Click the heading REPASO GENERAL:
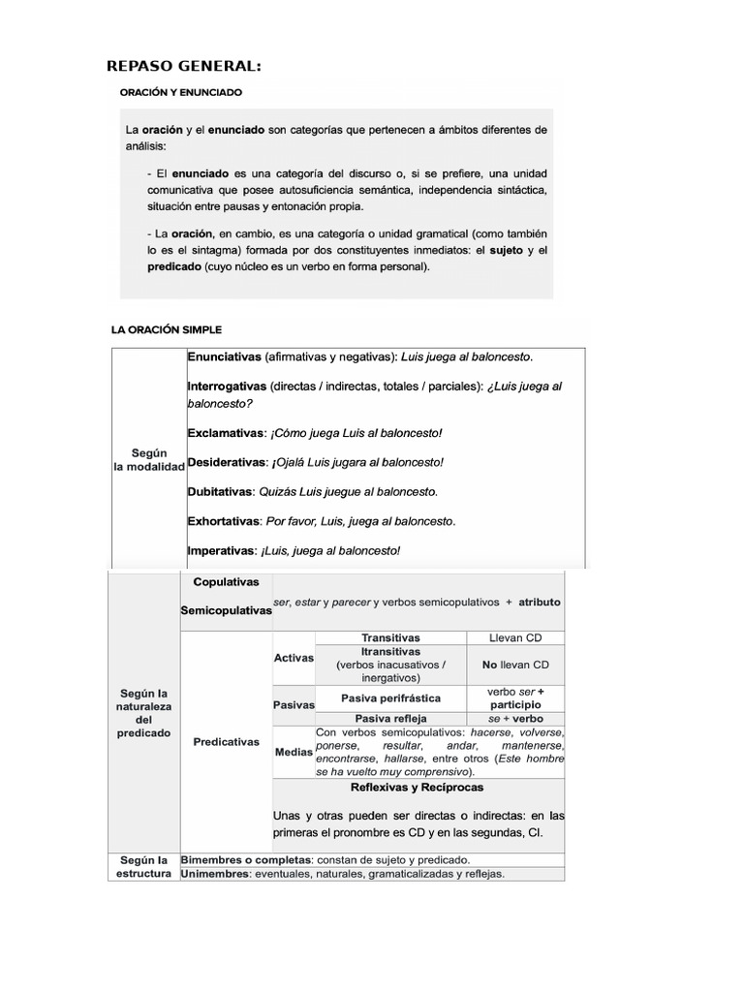coord(184,66)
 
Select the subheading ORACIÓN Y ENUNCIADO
coord(180,93)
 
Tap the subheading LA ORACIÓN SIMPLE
coord(167,330)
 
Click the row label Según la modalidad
coord(148,460)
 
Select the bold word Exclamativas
coord(225,432)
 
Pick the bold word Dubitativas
coord(221,491)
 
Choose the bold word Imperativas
coord(222,550)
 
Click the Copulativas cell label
coord(226,583)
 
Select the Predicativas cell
coord(227,741)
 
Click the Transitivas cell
coord(390,638)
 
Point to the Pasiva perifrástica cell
coord(390,698)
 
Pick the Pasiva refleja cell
coord(390,719)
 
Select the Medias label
coord(294,752)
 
